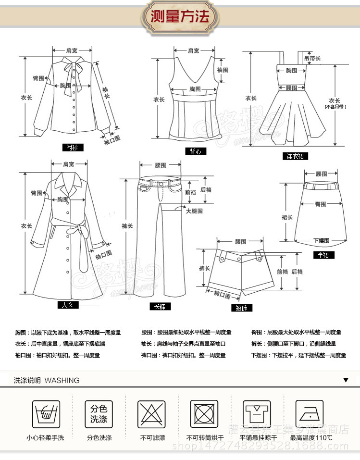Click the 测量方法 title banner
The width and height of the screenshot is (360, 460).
pyautogui.click(x=180, y=17)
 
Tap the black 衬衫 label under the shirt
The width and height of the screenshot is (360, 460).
pyautogui.click(x=73, y=148)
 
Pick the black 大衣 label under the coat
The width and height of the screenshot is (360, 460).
pyautogui.click(x=67, y=305)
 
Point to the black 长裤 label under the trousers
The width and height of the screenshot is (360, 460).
pyautogui.click(x=159, y=307)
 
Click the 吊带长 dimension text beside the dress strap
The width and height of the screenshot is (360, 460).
pyautogui.click(x=312, y=58)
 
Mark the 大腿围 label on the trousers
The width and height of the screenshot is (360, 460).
pyautogui.click(x=194, y=211)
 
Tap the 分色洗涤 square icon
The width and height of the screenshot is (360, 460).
pyautogui.click(x=99, y=413)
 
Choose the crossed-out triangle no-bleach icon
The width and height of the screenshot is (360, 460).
pyautogui.click(x=152, y=413)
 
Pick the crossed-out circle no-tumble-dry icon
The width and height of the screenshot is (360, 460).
pyautogui.click(x=206, y=413)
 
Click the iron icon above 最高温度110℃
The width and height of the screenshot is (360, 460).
pyautogui.click(x=309, y=413)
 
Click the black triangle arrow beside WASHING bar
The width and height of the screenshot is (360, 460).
pyautogui.click(x=346, y=380)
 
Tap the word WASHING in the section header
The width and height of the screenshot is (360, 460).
pyautogui.click(x=62, y=380)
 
